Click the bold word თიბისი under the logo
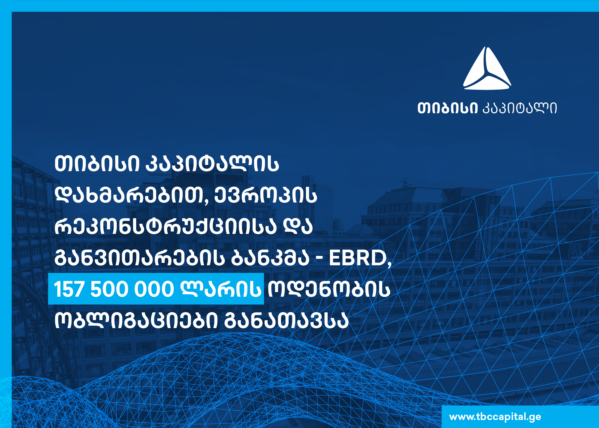coord(447,108)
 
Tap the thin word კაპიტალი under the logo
coord(519,108)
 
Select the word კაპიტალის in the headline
coord(212,164)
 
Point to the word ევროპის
coord(266,196)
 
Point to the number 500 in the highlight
coord(110,289)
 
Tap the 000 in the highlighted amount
coord(154,289)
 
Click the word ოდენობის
coord(329,289)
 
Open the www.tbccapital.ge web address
coord(495,417)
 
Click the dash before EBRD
coord(319,260)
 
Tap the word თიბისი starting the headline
coord(97,164)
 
